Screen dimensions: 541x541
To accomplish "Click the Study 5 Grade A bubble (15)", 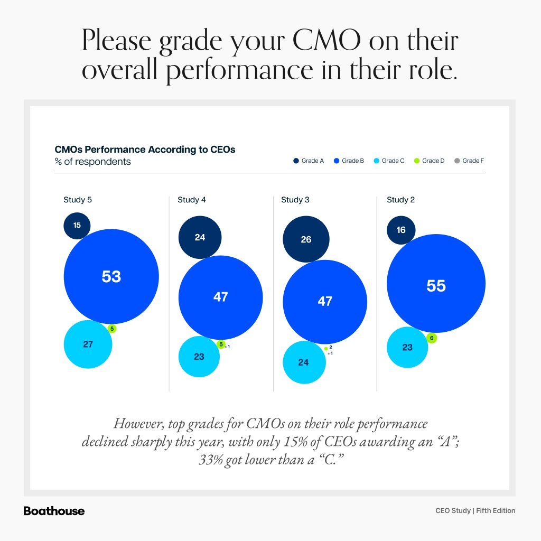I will pyautogui.click(x=77, y=226).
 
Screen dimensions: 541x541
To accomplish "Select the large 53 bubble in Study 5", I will pyautogui.click(x=111, y=276).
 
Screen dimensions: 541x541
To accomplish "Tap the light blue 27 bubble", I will pyautogui.click(x=88, y=344).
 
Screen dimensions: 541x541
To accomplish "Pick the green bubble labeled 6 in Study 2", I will pyautogui.click(x=432, y=338).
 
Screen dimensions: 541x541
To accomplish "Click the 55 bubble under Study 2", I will pyautogui.click(x=436, y=286).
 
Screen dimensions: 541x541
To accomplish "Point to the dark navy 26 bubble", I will pyautogui.click(x=306, y=239).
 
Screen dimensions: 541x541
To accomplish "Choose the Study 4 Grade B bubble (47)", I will pyautogui.click(x=220, y=297).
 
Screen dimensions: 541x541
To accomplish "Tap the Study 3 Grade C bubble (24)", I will pyautogui.click(x=303, y=362).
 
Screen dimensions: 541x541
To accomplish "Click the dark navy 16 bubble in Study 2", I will pyautogui.click(x=400, y=230).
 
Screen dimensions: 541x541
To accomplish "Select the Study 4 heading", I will pyautogui.click(x=188, y=200).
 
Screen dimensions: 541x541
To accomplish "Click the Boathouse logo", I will pyautogui.click(x=54, y=511).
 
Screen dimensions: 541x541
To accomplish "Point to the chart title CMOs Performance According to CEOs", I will pyautogui.click(x=145, y=150).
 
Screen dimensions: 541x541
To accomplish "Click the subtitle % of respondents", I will pyautogui.click(x=92, y=162).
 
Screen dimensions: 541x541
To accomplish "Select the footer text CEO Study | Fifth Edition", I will pyautogui.click(x=475, y=511).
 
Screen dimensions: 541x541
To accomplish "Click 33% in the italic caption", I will pyautogui.click(x=210, y=460).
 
